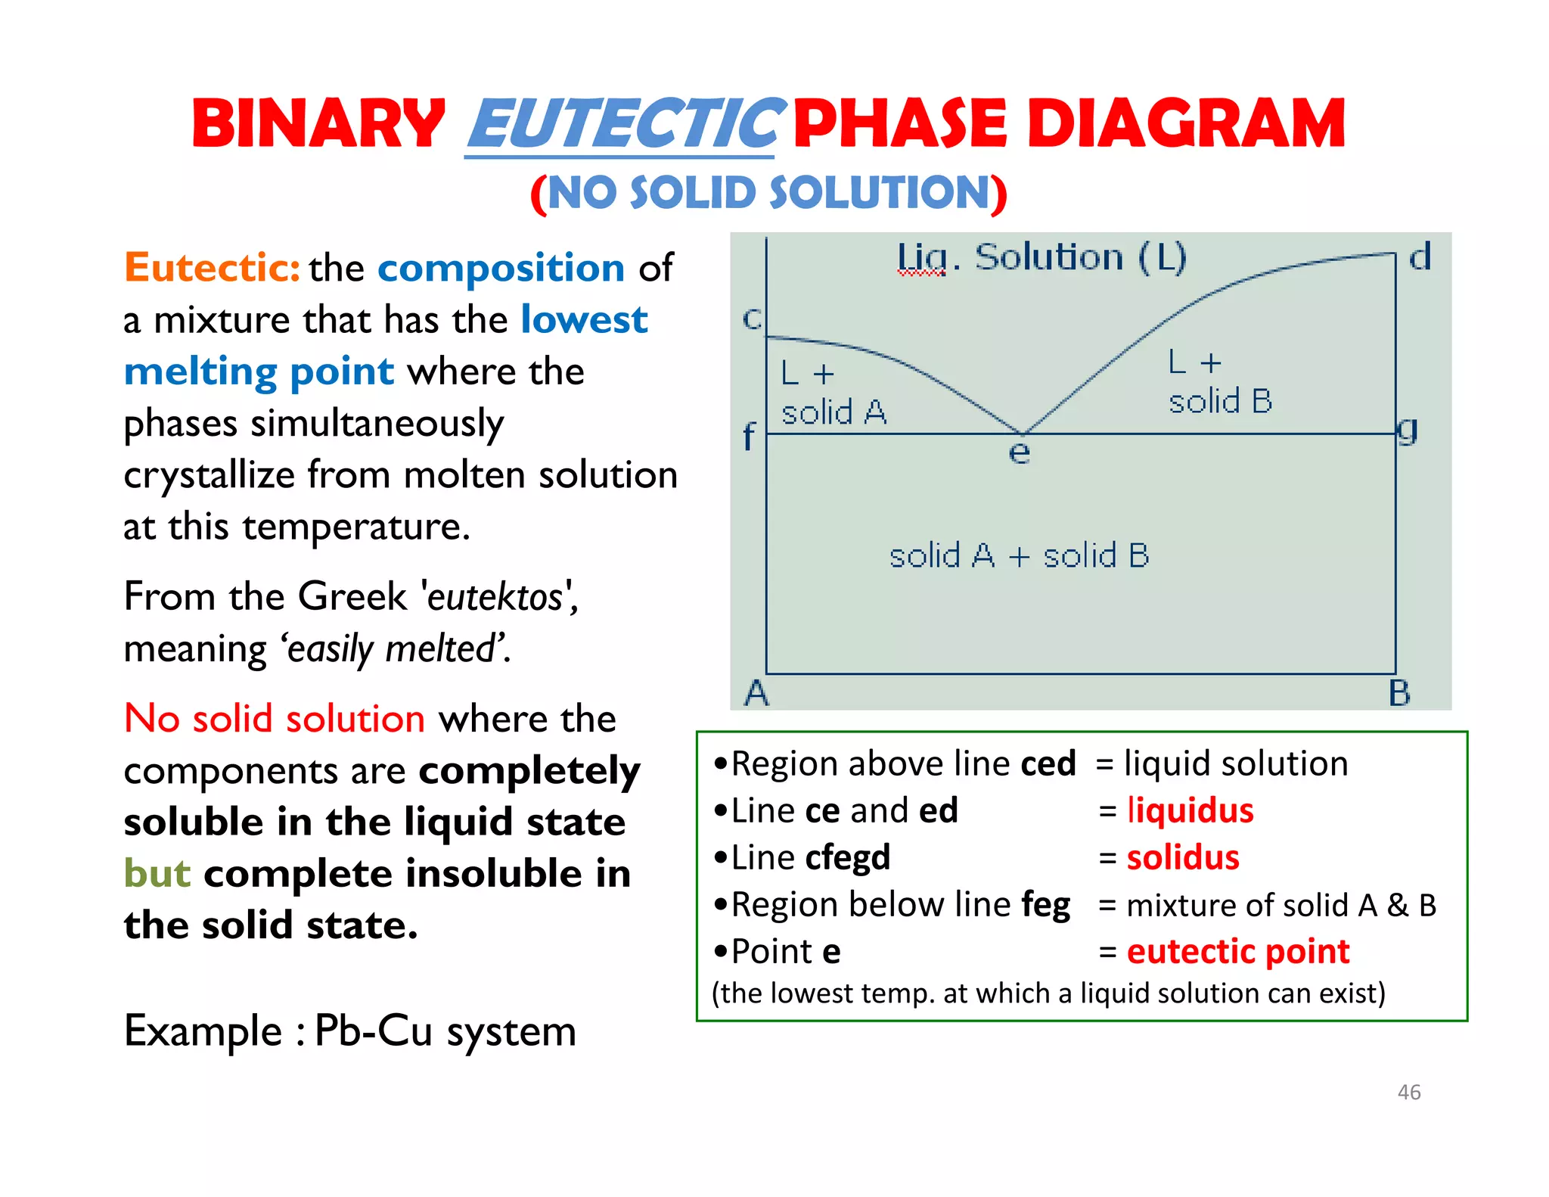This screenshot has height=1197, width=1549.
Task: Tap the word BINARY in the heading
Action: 318,124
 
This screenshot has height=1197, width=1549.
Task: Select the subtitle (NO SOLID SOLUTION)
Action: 768,193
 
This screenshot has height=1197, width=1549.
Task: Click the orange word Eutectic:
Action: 213,268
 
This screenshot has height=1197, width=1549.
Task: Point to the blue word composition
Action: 501,268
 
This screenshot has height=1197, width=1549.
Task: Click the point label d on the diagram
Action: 1420,257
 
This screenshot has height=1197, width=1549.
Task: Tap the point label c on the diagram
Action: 752,319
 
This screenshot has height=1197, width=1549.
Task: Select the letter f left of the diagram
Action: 748,437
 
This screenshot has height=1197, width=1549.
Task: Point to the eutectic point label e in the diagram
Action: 1019,452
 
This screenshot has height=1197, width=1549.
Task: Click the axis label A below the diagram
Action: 756,693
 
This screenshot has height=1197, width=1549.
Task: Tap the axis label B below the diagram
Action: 1399,693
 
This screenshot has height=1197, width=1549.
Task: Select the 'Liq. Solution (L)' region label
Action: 1041,258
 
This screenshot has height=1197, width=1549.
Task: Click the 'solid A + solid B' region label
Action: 1019,556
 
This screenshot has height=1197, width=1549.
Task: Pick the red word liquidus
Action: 1190,810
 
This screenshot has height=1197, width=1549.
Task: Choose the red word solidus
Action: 1183,858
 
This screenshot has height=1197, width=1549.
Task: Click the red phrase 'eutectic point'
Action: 1237,952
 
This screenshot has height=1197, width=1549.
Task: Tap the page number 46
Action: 1408,1092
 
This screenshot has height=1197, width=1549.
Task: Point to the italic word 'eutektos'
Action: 495,597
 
